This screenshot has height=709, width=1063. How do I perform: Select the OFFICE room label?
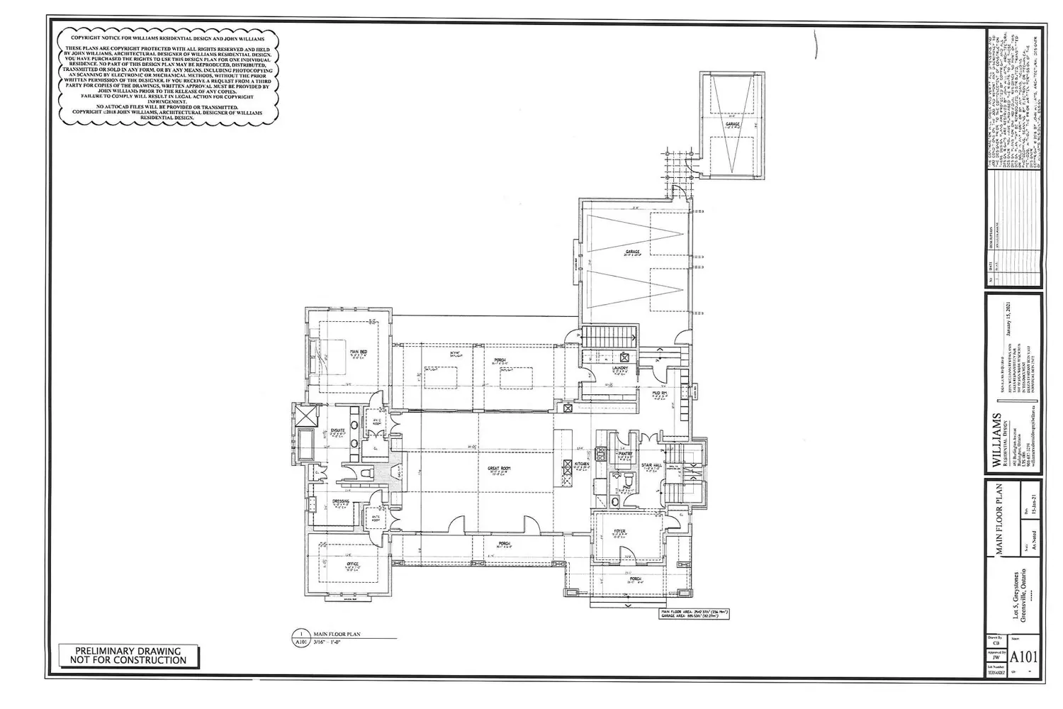pos(352,564)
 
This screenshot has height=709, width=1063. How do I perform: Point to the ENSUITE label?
pos(338,430)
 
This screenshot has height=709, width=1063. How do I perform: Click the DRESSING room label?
pos(341,502)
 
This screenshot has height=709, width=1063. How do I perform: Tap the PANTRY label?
pos(625,454)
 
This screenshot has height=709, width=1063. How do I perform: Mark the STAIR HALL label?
pos(651,466)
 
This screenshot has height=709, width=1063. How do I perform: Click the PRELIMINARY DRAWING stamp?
pos(128,655)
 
